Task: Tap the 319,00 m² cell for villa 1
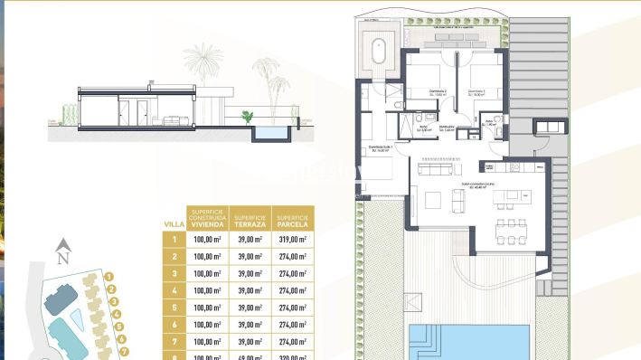[x=294, y=240]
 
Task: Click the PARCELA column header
[x=294, y=219]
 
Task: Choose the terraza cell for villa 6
[x=250, y=324]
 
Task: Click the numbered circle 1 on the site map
[x=109, y=277]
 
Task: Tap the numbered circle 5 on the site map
[x=119, y=327]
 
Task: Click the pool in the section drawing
[x=269, y=132]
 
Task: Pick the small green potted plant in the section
[x=246, y=116]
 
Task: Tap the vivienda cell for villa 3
[x=207, y=273]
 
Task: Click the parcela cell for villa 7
[x=294, y=341]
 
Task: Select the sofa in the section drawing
[x=173, y=118]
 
